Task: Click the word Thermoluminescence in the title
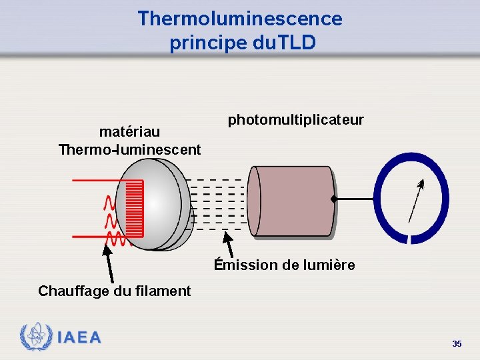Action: pyautogui.click(x=240, y=18)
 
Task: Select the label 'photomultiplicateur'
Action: pyautogui.click(x=296, y=120)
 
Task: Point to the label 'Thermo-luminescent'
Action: pyautogui.click(x=129, y=149)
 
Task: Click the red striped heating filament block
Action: pyautogui.click(x=134, y=208)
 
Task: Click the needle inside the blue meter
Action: pyautogui.click(x=415, y=201)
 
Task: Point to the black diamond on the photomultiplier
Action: pyautogui.click(x=333, y=199)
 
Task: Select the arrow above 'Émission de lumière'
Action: pyautogui.click(x=229, y=243)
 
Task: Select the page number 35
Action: pyautogui.click(x=457, y=344)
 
